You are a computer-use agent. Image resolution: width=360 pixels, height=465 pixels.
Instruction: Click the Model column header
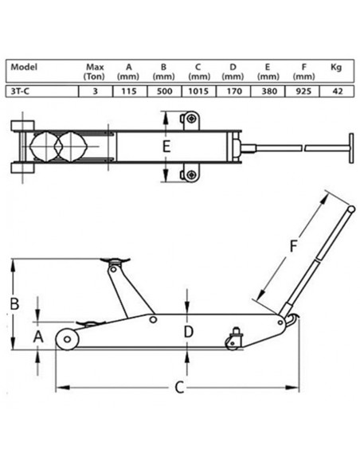click(x=24, y=67)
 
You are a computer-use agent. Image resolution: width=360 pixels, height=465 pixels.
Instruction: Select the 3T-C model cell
click(x=20, y=91)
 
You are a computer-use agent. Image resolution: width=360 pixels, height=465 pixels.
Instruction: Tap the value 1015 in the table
click(x=198, y=91)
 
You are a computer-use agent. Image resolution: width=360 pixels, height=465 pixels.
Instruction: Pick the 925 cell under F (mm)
click(x=303, y=91)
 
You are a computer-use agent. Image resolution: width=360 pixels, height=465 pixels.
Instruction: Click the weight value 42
click(x=337, y=91)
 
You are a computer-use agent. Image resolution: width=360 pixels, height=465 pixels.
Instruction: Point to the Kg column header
click(x=336, y=68)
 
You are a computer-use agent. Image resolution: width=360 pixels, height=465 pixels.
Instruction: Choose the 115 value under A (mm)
click(x=128, y=91)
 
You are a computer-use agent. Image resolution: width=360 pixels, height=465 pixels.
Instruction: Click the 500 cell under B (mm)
click(x=164, y=91)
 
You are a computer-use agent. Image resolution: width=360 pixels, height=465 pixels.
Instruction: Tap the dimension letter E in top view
click(x=166, y=147)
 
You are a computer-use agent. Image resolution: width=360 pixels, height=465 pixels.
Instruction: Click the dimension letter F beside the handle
click(x=293, y=246)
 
